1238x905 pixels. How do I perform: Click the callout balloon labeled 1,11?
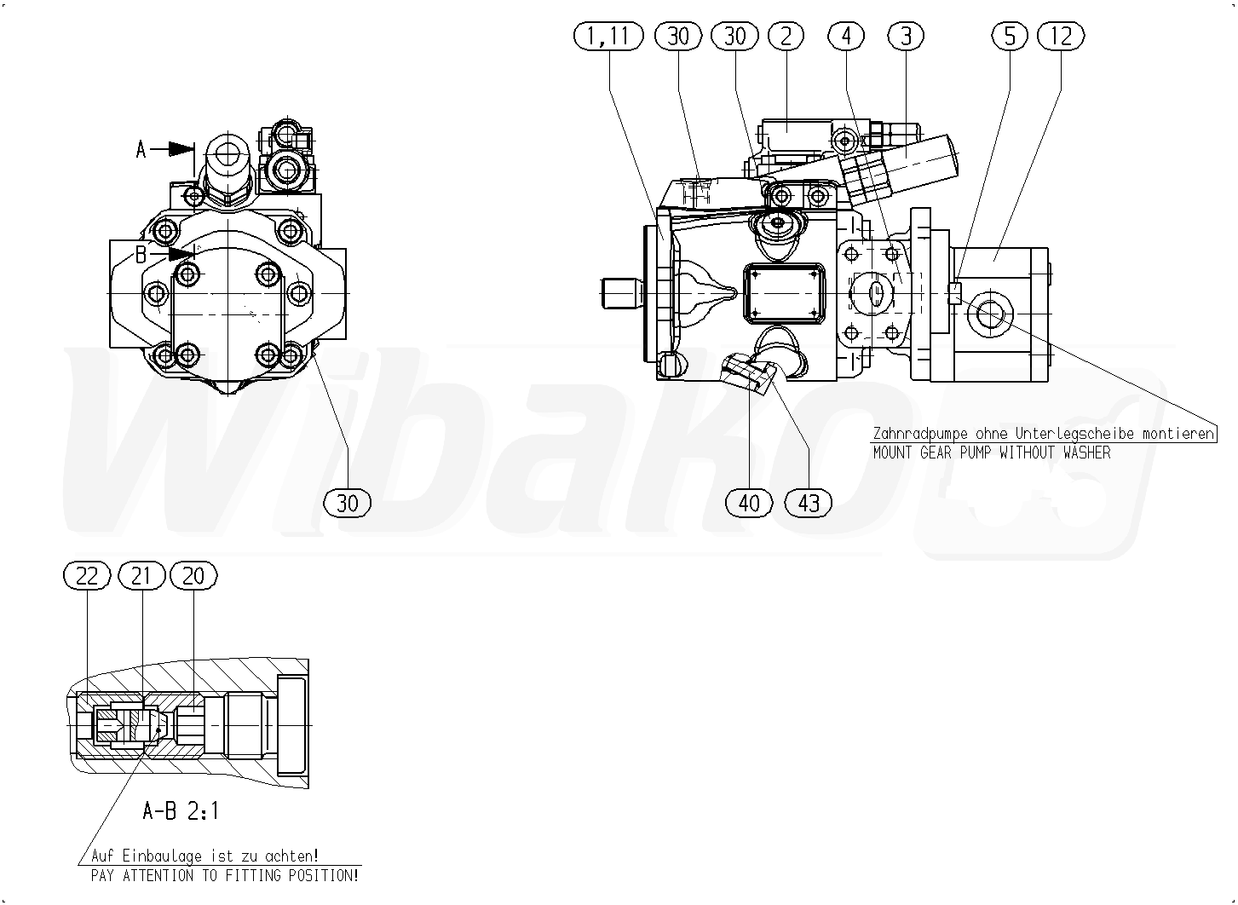(x=608, y=37)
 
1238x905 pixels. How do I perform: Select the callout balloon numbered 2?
(x=786, y=37)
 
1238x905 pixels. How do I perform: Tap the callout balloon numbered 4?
(x=845, y=37)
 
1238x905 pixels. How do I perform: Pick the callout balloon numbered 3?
(x=906, y=37)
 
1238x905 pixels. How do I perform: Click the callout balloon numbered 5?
(x=1009, y=37)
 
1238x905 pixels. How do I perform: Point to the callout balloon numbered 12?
(x=1061, y=37)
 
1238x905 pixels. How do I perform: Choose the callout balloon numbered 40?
(x=749, y=503)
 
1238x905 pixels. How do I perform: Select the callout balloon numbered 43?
(x=809, y=503)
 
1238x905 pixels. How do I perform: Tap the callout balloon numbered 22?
(x=87, y=576)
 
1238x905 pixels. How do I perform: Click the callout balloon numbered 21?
(x=141, y=576)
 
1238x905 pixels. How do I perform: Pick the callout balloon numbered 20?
(x=193, y=576)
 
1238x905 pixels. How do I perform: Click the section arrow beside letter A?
(x=172, y=149)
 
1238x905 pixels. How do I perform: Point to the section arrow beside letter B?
(x=172, y=254)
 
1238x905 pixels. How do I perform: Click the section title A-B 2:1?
(x=181, y=811)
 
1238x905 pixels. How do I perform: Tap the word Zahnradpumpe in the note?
(x=920, y=434)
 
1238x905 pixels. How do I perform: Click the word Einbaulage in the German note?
(x=162, y=856)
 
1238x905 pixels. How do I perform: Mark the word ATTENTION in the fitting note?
(x=158, y=876)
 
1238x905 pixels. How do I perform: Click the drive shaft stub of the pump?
(x=623, y=293)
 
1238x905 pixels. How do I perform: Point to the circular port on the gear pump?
(x=990, y=314)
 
